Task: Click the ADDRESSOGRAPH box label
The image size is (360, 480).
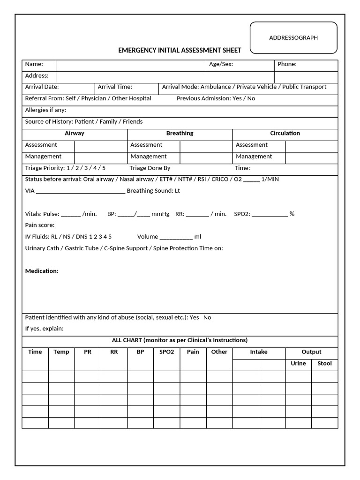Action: point(293,37)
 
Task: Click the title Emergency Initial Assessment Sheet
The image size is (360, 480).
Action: point(180,50)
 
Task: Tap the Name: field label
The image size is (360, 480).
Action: point(34,64)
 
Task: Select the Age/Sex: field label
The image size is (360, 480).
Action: point(221,64)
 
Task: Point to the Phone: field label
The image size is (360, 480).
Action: point(287,64)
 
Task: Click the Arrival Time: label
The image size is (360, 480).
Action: point(115,87)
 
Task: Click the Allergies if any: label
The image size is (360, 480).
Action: point(45,110)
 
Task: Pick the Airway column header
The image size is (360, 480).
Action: point(75,133)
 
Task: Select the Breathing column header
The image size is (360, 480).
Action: point(180,133)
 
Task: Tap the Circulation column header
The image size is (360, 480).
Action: point(285,133)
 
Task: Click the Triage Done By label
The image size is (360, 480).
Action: point(150,168)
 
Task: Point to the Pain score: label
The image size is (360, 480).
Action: point(40,225)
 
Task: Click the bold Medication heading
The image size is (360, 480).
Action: point(41,271)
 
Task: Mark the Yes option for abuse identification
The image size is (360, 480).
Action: point(195,317)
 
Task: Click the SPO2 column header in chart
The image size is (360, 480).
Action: point(166,352)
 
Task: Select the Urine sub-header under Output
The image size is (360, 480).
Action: point(298,363)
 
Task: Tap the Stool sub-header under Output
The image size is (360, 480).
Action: point(324,363)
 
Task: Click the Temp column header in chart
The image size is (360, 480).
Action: point(61,352)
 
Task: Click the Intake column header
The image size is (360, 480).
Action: point(259,352)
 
